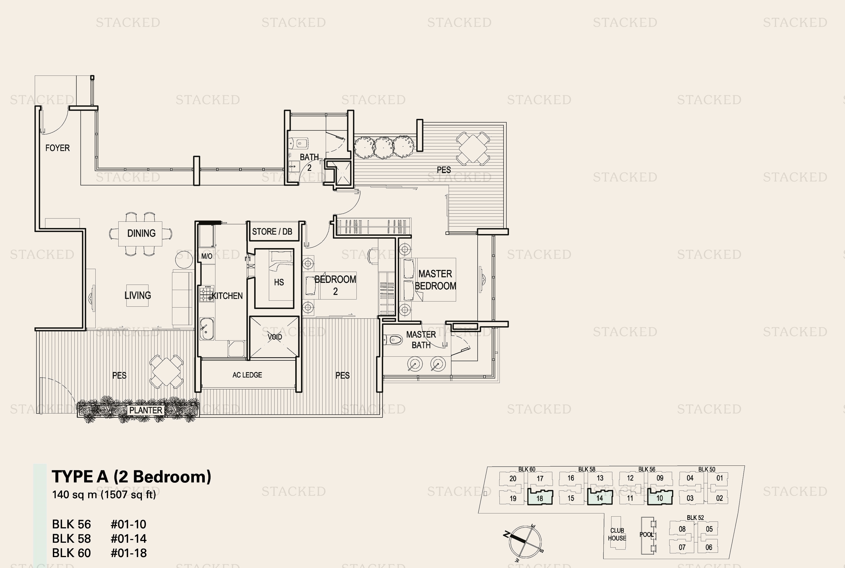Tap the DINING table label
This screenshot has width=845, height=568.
[x=141, y=233]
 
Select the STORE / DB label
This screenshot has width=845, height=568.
[x=272, y=231]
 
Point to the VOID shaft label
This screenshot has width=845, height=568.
[x=275, y=337]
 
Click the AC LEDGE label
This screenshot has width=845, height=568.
[x=247, y=375]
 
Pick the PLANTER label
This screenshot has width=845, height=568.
[x=146, y=410]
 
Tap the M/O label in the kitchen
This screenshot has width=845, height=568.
[x=207, y=256]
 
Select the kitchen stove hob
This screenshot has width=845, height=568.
[x=207, y=294]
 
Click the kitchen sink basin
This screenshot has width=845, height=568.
[x=207, y=329]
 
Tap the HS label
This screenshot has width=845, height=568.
[x=279, y=282]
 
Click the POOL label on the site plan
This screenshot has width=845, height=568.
[x=647, y=535]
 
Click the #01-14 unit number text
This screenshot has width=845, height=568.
[x=129, y=539]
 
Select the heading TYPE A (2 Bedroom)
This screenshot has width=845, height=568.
[x=131, y=477]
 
